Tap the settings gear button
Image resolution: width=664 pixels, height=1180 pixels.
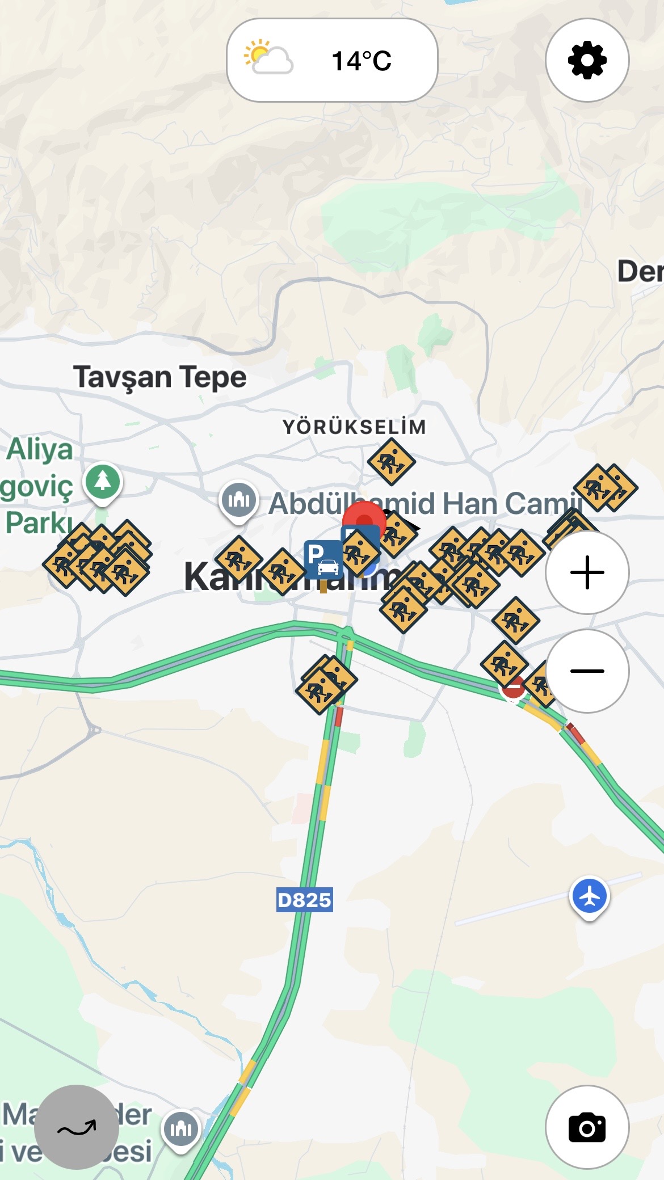click(x=587, y=60)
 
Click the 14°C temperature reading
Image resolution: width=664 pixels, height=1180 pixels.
click(x=362, y=61)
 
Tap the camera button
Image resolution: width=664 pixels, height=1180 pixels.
click(x=587, y=1127)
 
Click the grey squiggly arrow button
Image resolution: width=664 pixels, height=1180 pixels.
click(x=77, y=1127)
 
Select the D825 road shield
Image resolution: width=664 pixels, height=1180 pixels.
click(x=304, y=900)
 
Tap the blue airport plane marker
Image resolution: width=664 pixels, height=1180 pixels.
click(x=590, y=896)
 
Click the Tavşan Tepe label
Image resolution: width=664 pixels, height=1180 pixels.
click(x=159, y=377)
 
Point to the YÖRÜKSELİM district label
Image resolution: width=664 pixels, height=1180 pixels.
click(x=354, y=427)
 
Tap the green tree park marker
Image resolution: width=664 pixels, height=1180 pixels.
click(x=103, y=482)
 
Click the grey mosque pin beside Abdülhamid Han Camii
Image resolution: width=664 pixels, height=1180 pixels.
click(x=239, y=500)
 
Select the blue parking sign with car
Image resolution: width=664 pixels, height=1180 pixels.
click(x=323, y=559)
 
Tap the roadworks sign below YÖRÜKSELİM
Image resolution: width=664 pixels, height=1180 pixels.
click(x=391, y=461)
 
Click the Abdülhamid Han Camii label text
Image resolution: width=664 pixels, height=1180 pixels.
click(x=426, y=503)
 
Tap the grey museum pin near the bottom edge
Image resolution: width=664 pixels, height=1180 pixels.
click(x=181, y=1128)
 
